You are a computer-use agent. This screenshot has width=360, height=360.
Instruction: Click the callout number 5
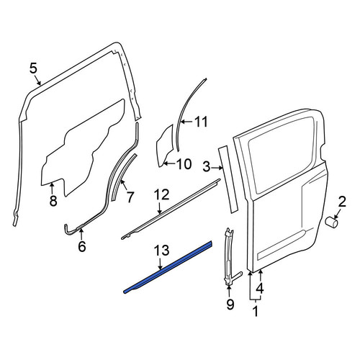click(x=34, y=68)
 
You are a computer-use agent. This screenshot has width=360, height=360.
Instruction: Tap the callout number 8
click(x=53, y=201)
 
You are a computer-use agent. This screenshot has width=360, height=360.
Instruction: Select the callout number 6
click(x=82, y=246)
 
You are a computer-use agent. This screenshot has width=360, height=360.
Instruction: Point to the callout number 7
click(x=130, y=197)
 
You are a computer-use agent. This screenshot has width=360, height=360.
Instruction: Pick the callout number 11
click(x=201, y=122)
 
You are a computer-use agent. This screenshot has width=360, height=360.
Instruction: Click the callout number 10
click(x=184, y=164)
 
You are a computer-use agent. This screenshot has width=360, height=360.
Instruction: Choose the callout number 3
click(x=207, y=167)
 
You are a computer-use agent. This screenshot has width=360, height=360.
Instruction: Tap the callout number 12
click(x=162, y=195)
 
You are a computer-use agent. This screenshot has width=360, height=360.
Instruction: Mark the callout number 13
click(x=162, y=250)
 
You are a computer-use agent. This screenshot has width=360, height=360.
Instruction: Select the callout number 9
click(x=230, y=305)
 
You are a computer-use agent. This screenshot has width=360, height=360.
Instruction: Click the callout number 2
click(x=342, y=202)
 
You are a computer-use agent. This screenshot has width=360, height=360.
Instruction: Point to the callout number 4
click(x=260, y=288)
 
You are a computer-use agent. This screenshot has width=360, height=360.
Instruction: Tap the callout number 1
click(x=256, y=311)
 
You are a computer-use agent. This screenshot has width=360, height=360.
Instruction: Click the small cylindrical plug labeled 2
click(x=331, y=222)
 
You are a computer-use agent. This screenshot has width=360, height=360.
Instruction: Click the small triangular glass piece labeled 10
click(x=165, y=146)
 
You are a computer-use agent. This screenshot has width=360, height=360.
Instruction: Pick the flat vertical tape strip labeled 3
click(x=228, y=179)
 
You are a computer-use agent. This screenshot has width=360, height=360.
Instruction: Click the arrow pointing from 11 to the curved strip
click(x=186, y=122)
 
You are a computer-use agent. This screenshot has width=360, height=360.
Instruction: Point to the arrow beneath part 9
click(x=229, y=292)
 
